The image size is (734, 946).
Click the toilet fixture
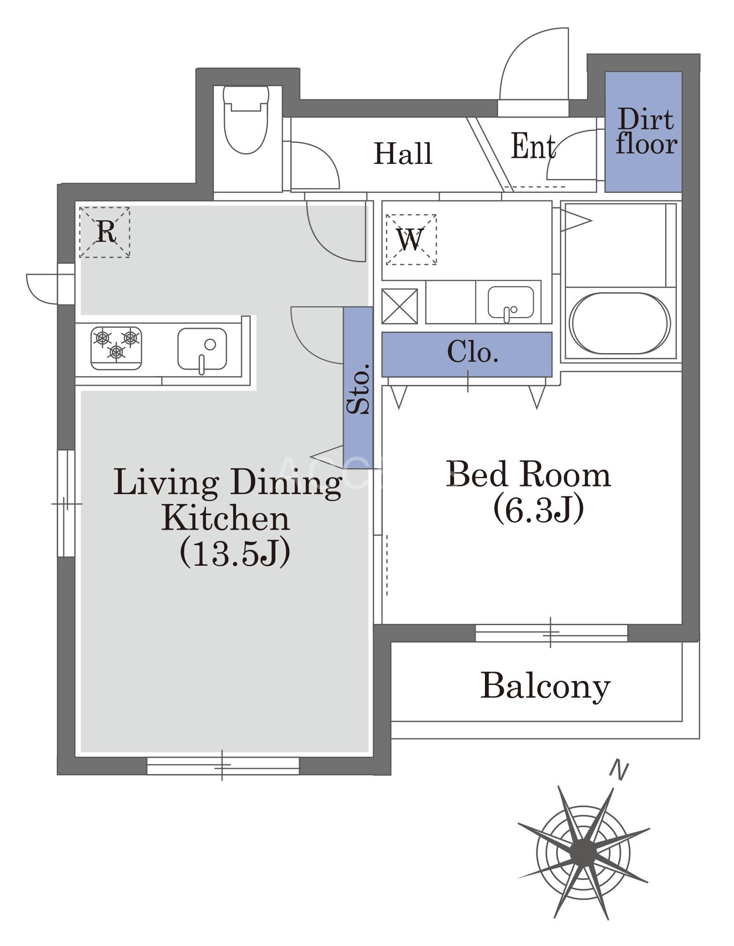tap(246, 119)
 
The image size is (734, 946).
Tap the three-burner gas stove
tap(117, 348)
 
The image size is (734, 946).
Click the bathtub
tap(620, 324)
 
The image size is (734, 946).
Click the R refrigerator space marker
tap(104, 232)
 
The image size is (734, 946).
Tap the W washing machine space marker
tap(411, 239)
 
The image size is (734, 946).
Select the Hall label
tap(403, 153)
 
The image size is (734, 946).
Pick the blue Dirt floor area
tap(643, 132)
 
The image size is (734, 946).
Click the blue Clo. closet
tap(467, 354)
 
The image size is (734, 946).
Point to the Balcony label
tap(545, 686)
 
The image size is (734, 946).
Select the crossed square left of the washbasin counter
tap(399, 306)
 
